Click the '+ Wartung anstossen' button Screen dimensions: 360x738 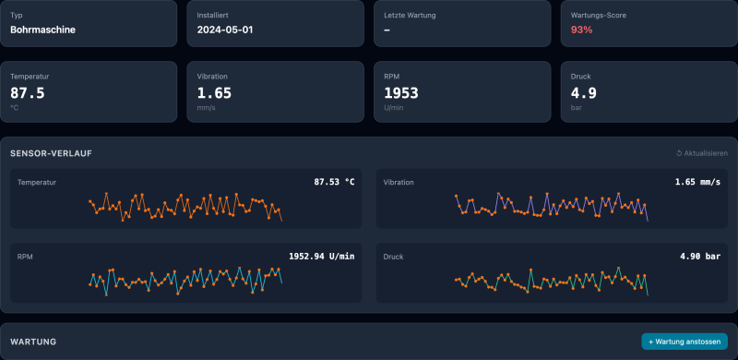[x=684, y=342]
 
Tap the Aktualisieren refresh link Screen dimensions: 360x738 [x=702, y=153]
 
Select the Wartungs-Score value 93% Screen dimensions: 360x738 [x=581, y=30]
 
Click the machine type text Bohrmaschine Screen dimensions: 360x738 [x=42, y=30]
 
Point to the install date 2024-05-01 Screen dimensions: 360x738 [x=225, y=30]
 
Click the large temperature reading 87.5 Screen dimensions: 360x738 [x=28, y=92]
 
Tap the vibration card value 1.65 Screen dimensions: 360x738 [x=214, y=92]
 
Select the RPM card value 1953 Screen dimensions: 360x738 [x=401, y=92]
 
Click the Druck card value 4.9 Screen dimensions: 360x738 [x=583, y=92]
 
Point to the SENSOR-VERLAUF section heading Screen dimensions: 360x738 [x=51, y=153]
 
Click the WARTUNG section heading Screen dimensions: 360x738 [x=33, y=342]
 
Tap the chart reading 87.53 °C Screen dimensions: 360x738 [x=334, y=182]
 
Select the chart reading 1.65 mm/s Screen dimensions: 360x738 [x=696, y=182]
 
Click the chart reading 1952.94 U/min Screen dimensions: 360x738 [x=321, y=256]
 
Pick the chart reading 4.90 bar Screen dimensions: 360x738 [x=699, y=256]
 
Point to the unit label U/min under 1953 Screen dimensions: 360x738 [x=395, y=107]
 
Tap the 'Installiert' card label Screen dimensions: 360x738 [x=212, y=15]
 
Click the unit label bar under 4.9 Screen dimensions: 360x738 [x=577, y=107]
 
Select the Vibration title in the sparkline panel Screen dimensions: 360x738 [x=399, y=183]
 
